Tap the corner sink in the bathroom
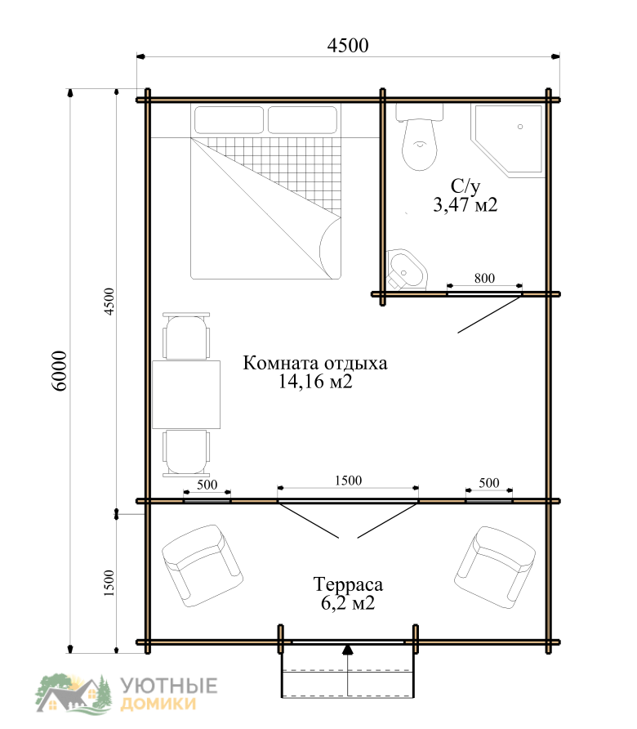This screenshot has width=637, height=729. [x=407, y=269]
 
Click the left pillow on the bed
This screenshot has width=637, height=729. [x=229, y=120]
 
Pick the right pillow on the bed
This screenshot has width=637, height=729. [x=302, y=120]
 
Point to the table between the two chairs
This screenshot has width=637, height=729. [x=186, y=394]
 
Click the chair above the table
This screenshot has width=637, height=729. [x=186, y=336]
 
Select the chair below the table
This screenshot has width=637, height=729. [x=186, y=454]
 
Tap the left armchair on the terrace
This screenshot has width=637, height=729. [x=202, y=566]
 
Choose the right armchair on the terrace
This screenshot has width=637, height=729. [x=495, y=566]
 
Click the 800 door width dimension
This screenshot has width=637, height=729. [x=484, y=278]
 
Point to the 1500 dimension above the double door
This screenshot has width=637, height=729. [x=348, y=481]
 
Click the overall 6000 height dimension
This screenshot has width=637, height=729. [x=60, y=370]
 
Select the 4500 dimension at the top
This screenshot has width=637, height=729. [x=348, y=45]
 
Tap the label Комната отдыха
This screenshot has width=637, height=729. [x=315, y=363]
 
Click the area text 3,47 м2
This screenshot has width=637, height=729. [x=465, y=204]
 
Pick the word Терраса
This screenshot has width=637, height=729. [x=348, y=585]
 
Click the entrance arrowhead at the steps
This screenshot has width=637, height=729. [x=348, y=650]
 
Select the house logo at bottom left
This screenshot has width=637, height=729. [x=73, y=693]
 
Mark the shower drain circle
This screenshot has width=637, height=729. [x=520, y=127]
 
